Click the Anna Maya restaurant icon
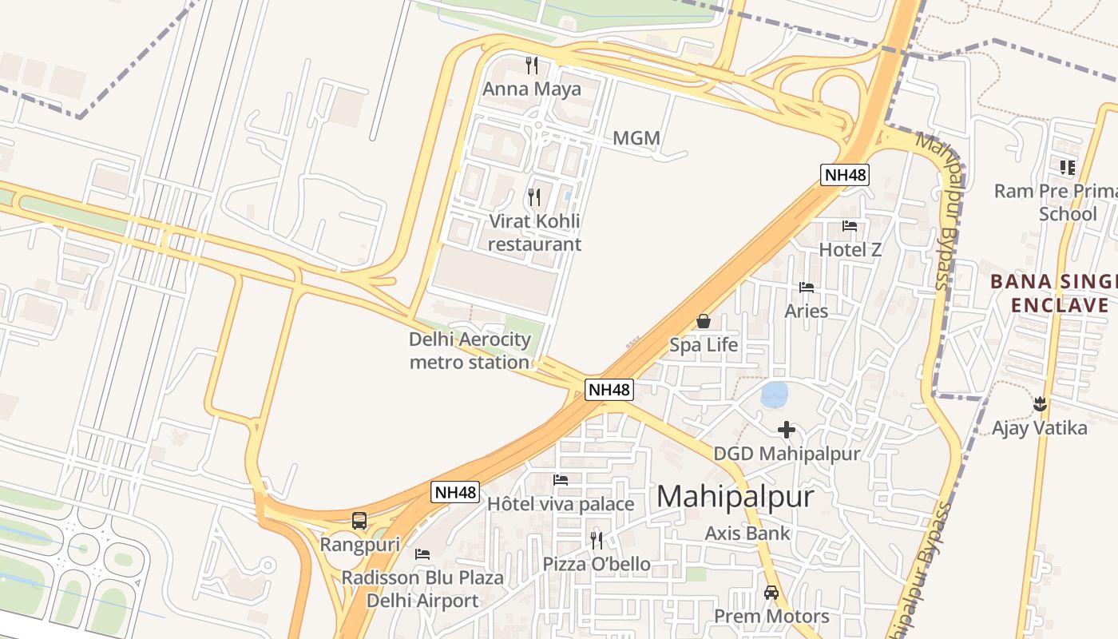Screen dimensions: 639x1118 click(532, 65)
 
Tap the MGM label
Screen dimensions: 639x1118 click(636, 138)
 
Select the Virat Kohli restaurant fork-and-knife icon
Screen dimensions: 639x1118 click(534, 196)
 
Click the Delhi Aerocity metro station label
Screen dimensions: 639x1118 click(470, 351)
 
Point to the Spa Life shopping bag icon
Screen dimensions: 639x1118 click(704, 321)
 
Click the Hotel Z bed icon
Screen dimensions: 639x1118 click(850, 226)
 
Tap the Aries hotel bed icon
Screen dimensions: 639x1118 click(807, 287)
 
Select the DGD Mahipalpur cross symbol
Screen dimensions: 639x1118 click(787, 430)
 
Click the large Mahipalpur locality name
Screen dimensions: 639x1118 click(735, 497)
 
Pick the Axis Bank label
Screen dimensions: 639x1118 click(747, 534)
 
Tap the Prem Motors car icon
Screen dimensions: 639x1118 click(771, 593)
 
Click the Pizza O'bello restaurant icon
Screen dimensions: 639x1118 click(597, 541)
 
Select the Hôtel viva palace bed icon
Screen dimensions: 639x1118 click(561, 480)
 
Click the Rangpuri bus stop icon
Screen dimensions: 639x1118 click(359, 521)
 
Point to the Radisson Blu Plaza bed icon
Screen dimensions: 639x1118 click(422, 554)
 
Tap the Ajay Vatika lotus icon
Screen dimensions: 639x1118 click(1040, 404)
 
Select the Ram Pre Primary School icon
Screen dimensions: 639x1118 click(1068, 167)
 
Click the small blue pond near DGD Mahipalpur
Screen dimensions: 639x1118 click(774, 394)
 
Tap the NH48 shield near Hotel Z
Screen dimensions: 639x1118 click(845, 175)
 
